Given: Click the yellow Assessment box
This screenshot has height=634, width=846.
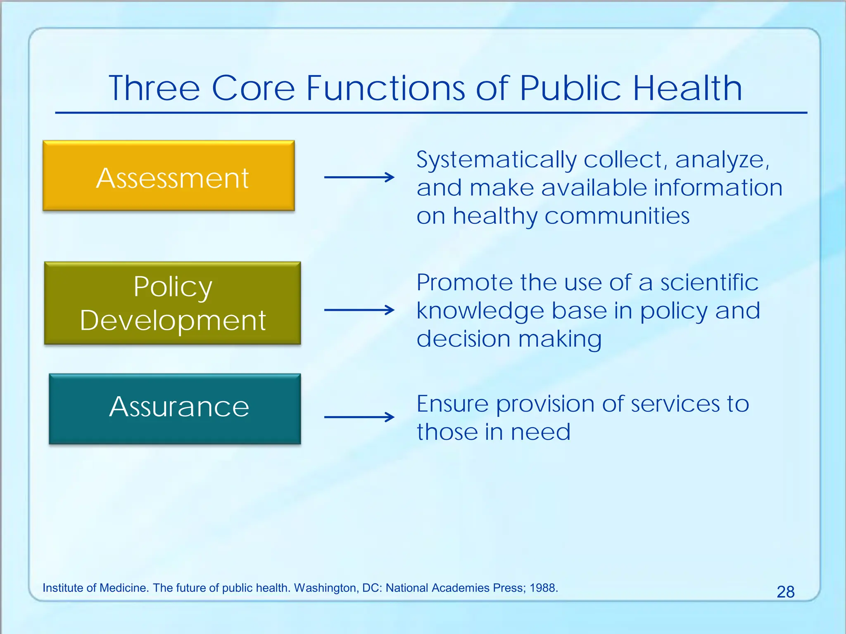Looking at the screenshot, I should point(169,176).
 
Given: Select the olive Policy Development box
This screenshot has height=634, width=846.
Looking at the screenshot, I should point(172,303).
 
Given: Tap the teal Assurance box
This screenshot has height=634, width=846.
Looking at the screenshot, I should point(175,409).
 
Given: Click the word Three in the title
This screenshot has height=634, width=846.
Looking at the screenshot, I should point(154,88).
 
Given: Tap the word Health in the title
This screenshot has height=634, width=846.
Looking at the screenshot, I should point(687,88).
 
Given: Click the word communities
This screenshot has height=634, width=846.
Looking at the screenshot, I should point(617,215).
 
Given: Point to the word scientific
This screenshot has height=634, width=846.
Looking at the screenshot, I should point(709,283).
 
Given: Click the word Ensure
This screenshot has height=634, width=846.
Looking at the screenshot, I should point(452,404).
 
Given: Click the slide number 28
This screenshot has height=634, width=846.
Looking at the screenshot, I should point(785,592).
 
